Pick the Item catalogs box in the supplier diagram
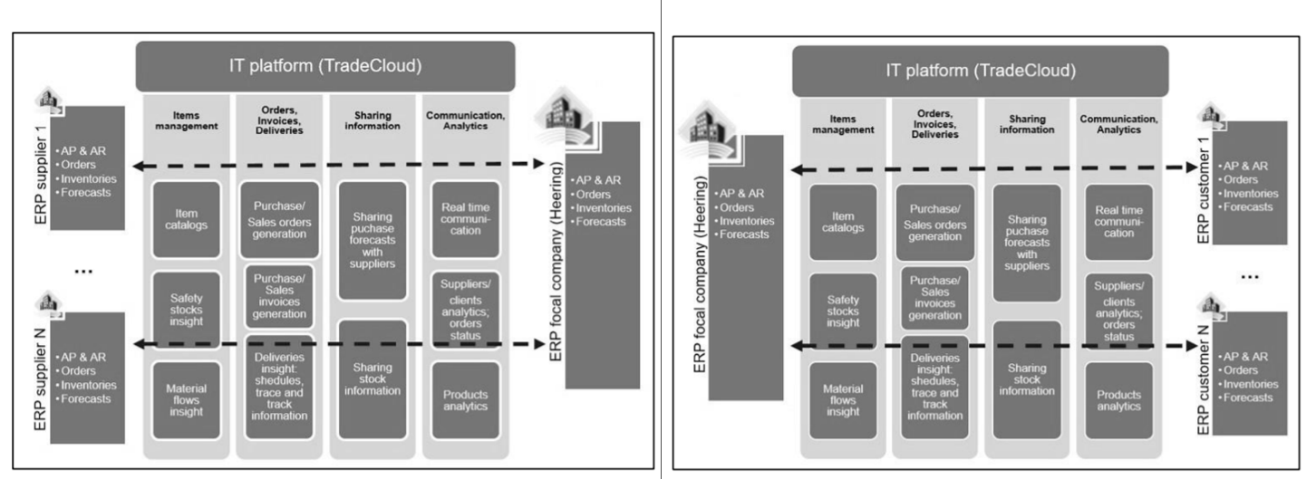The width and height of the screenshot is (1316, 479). click(187, 220)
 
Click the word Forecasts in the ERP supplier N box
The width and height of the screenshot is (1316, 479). click(86, 398)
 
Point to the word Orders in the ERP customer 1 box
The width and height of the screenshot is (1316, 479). click(1240, 179)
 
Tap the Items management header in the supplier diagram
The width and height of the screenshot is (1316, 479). click(187, 120)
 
